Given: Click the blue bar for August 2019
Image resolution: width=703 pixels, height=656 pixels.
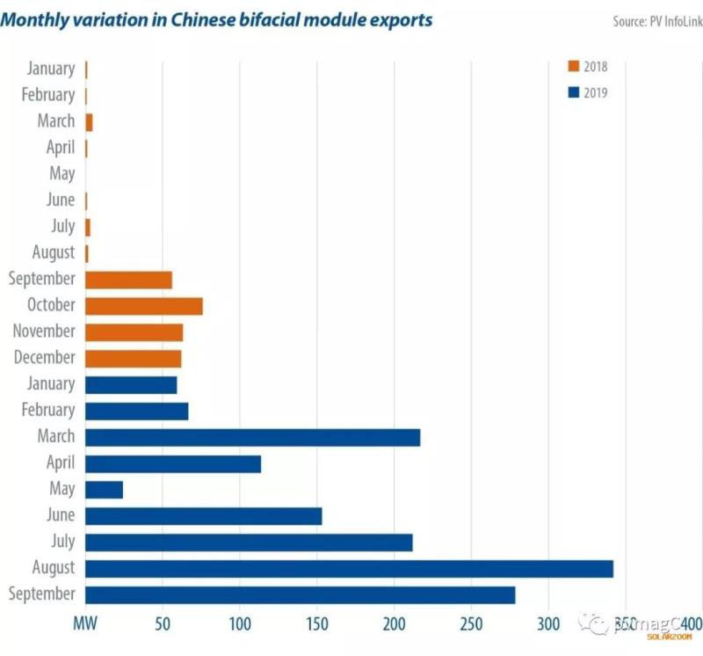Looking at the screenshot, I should coord(349,568).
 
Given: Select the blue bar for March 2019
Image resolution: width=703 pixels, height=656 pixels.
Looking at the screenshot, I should coord(252,437).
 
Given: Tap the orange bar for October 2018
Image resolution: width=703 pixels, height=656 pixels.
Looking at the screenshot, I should coord(144,306).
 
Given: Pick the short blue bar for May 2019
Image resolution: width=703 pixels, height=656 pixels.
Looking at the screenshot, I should coord(104,489).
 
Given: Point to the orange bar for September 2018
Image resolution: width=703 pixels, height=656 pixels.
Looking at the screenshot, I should coord(128,280).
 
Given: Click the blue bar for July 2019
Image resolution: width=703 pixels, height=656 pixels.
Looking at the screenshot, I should coord(249,542).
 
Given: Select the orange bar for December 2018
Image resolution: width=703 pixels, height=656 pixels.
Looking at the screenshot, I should coord(133,359).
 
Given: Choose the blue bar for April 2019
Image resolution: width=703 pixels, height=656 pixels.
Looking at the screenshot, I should coord(173,463).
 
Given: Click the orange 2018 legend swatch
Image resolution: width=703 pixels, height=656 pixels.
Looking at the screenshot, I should coord(574,66).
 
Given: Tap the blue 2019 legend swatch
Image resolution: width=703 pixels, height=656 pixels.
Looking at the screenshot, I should coord(574,92).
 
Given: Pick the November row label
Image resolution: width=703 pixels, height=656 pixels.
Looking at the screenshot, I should coord(44,332).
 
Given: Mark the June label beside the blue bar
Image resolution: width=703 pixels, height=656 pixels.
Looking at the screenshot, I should coord(61,515).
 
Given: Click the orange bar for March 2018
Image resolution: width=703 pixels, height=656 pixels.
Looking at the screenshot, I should coord(89,122).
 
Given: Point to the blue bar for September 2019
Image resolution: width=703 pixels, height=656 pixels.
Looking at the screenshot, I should coord(300,594).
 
